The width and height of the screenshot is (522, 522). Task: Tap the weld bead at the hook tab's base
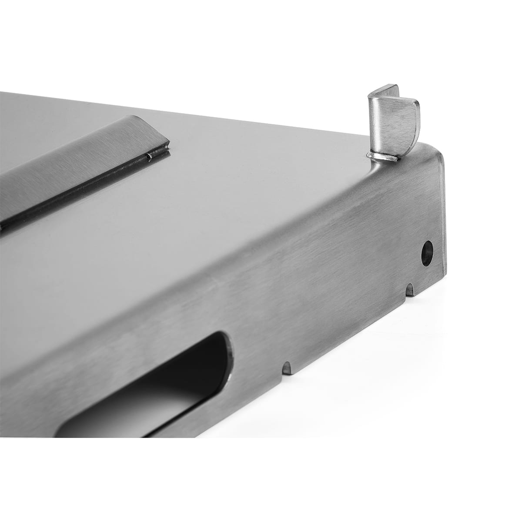[x=382, y=157]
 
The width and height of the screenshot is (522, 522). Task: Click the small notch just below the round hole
[x=409, y=289]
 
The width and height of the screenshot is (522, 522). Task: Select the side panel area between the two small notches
[x=348, y=331]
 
